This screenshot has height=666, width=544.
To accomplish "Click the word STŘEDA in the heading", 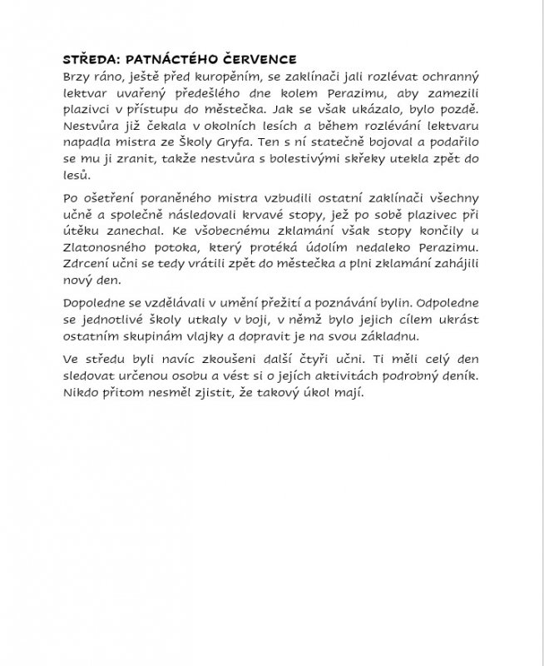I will tap(89, 60).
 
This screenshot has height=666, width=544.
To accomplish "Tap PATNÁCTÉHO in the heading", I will tap(171, 60).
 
